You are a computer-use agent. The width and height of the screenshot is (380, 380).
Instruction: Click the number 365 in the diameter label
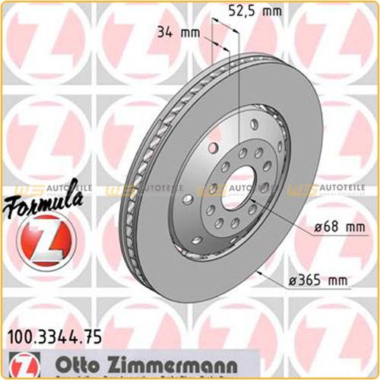point(313,282)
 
